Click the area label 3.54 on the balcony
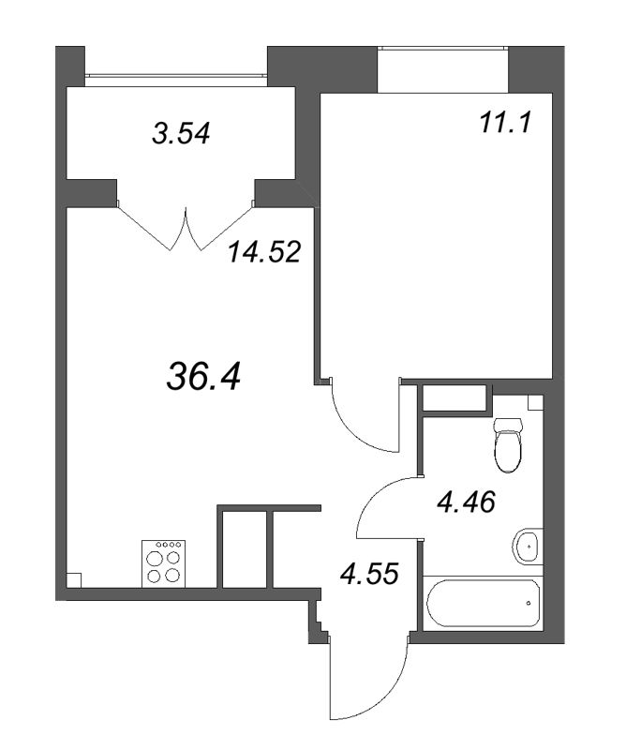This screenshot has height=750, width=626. click(181, 133)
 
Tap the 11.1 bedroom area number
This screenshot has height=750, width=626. click(504, 123)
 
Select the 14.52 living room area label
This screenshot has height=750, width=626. click(264, 251)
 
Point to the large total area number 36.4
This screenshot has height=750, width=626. click(203, 375)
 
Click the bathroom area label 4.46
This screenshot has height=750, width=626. click(467, 502)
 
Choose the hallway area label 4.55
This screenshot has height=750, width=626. click(369, 573)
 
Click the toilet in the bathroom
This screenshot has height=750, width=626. click(507, 444)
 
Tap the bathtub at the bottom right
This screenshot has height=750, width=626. click(484, 603)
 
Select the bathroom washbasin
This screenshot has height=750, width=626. click(528, 547)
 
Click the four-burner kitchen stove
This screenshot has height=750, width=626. click(164, 563)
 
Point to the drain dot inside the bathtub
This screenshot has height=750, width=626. click(529, 603)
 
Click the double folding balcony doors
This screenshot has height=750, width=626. click(185, 226)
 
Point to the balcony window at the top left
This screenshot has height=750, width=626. click(176, 75)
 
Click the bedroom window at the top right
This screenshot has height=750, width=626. click(443, 48)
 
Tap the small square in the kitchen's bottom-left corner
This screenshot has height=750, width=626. click(74, 580)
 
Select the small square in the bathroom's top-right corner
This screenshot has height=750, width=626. click(536, 402)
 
